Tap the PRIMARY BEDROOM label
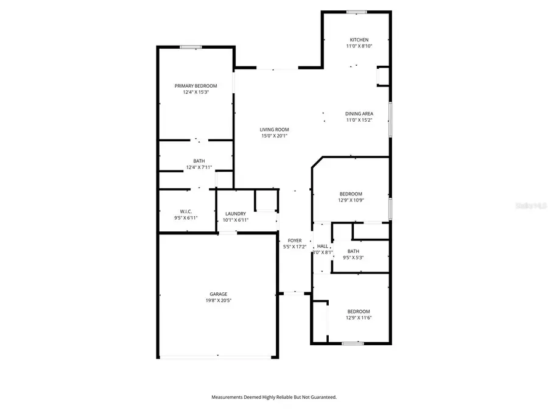tap(195, 86)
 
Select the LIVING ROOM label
tap(274, 129)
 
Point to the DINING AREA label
tap(359, 114)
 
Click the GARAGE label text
tap(219, 294)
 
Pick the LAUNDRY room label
tap(235, 214)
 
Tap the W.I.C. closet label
tap(186, 211)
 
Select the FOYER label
tap(295, 241)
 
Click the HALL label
tap(322, 246)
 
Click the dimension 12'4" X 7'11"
tap(199, 167)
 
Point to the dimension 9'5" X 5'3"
tap(353, 258)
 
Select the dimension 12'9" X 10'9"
tap(351, 200)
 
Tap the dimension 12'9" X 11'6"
tap(351, 318)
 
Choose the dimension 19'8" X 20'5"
tap(219, 300)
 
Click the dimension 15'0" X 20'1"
tap(274, 136)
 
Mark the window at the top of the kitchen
tap(356, 12)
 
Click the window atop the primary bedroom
tap(191, 47)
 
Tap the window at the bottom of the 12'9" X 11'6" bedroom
tap(352, 343)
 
